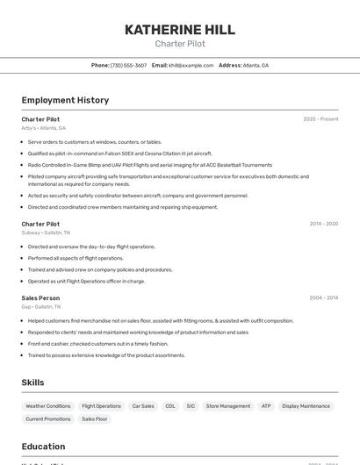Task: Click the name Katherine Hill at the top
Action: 179,29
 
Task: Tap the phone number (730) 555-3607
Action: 128,65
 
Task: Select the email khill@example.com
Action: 191,65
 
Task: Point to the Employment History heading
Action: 65,100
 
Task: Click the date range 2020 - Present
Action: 320,118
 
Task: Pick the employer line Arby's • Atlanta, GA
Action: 44,128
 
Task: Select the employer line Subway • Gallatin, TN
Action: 46,232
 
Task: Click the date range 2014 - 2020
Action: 323,224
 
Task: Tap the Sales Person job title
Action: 40,297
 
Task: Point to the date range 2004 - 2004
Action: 323,297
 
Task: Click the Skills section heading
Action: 32,383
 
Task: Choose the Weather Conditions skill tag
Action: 48,406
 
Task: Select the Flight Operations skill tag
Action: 101,406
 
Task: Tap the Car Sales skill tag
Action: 143,406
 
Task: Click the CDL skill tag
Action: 170,406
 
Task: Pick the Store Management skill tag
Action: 228,406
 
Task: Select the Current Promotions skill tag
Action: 48,419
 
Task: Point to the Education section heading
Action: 43,447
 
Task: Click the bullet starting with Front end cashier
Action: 97,344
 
